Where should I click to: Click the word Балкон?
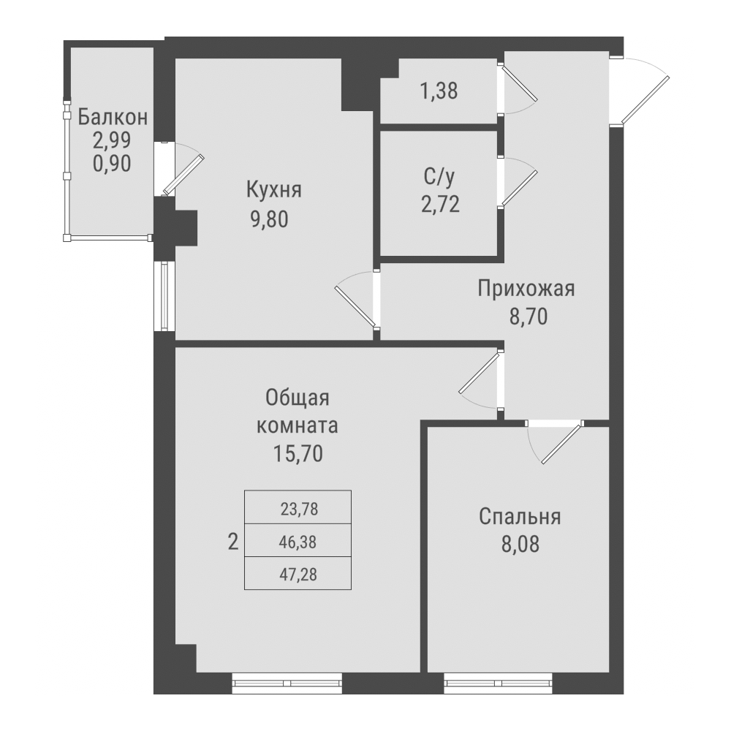tap(113, 116)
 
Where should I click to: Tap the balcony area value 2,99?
tap(112, 140)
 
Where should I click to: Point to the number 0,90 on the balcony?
tap(112, 163)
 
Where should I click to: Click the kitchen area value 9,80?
tap(274, 219)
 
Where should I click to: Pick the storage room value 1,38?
tap(439, 92)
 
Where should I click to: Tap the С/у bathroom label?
tap(440, 178)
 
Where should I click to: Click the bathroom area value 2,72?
tap(440, 205)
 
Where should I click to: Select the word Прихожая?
tap(526, 289)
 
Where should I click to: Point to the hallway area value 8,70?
tap(526, 317)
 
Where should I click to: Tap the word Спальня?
tap(520, 517)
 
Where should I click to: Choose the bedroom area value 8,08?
tap(519, 545)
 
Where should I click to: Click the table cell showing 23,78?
tap(298, 508)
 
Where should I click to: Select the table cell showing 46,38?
tap(298, 542)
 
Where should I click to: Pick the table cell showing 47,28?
tap(298, 575)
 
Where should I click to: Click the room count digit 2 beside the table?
tap(233, 542)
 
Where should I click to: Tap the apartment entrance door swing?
tap(643, 91)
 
